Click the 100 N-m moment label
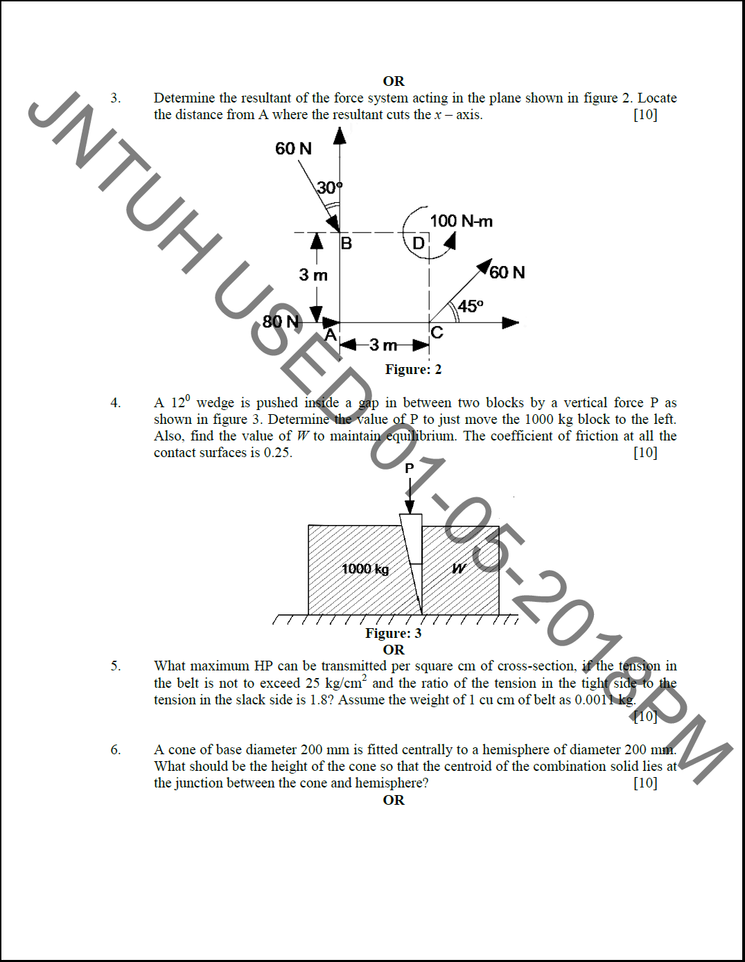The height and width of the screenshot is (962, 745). click(461, 221)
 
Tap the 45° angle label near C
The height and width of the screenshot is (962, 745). click(471, 306)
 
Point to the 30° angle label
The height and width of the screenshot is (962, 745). click(329, 188)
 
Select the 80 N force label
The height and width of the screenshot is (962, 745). click(281, 321)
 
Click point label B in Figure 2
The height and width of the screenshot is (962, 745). click(347, 243)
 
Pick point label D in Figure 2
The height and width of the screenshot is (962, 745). click(419, 243)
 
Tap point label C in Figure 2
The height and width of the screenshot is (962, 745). click(437, 332)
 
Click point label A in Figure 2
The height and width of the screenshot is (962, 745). click(331, 335)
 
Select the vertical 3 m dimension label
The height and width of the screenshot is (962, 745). click(313, 275)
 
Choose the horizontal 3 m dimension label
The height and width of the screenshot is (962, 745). click(383, 345)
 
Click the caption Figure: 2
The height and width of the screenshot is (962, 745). click(413, 369)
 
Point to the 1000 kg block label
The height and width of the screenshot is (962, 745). click(365, 569)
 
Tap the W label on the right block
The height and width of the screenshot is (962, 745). click(459, 569)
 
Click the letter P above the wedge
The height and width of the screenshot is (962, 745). click(410, 469)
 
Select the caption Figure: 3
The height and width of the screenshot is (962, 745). click(393, 633)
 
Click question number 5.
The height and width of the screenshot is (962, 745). click(116, 666)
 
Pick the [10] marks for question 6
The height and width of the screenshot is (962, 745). click(645, 783)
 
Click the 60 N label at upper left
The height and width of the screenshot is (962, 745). click(293, 148)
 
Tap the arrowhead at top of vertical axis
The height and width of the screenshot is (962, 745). click(340, 135)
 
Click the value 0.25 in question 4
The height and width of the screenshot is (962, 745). click(277, 453)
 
